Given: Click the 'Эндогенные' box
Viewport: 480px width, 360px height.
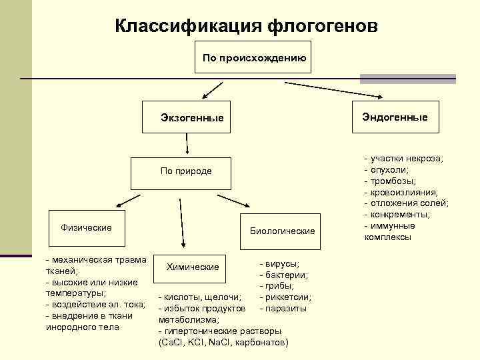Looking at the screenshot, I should click(395, 117).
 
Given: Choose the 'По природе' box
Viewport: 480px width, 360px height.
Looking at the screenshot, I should click(186, 171).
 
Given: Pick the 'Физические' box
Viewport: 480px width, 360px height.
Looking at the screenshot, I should click(86, 228).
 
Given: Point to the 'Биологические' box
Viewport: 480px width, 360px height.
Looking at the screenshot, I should click(282, 231).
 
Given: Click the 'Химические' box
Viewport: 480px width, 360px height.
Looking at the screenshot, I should click(193, 267).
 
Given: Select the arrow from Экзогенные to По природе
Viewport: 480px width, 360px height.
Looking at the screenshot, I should click(188, 144).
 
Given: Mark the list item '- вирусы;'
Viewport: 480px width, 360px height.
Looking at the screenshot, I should click(279, 264).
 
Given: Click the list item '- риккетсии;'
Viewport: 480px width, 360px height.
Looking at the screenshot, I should click(286, 297).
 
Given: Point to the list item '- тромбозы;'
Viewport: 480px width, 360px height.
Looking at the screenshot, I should click(391, 181).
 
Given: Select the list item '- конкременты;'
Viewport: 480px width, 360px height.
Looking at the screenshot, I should click(397, 215).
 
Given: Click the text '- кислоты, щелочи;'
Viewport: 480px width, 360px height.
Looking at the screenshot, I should click(200, 297).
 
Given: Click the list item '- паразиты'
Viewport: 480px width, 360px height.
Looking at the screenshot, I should click(283, 308).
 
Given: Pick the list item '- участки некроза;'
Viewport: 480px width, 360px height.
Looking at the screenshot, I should click(403, 158).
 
